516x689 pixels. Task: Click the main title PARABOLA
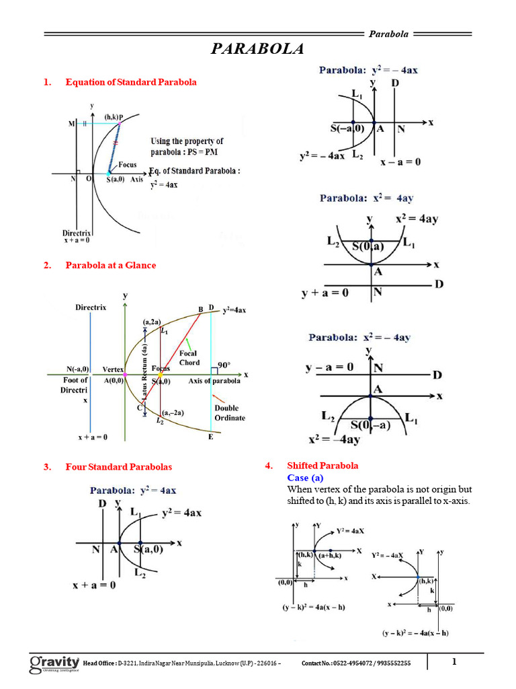pyautogui.click(x=258, y=50)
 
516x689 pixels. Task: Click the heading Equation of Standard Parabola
pyautogui.click(x=131, y=82)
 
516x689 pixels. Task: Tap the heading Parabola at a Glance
pyautogui.click(x=110, y=265)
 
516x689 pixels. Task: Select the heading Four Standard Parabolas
pyautogui.click(x=118, y=466)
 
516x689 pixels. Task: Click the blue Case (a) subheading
pyautogui.click(x=306, y=477)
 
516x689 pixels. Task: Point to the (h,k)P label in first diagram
pyautogui.click(x=114, y=116)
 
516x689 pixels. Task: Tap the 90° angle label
pyautogui.click(x=223, y=364)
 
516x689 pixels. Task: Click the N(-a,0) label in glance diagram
pyautogui.click(x=78, y=369)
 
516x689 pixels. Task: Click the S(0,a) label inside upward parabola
pyautogui.click(x=368, y=247)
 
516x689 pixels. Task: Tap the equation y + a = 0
pyautogui.click(x=325, y=293)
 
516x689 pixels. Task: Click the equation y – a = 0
pyautogui.click(x=329, y=368)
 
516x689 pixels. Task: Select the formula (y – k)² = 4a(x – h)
pyautogui.click(x=314, y=607)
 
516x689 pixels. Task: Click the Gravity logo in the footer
pyautogui.click(x=54, y=664)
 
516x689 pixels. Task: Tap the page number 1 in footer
pyautogui.click(x=454, y=662)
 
